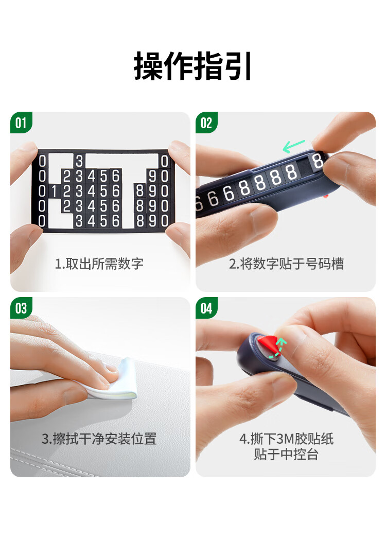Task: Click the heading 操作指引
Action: click(193, 66)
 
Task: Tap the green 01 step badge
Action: click(21, 123)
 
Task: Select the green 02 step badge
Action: click(206, 123)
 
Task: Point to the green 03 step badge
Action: click(21, 308)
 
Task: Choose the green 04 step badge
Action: click(206, 308)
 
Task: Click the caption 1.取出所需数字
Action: click(99, 264)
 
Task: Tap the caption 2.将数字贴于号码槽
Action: click(286, 264)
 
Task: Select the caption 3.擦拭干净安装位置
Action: click(99, 439)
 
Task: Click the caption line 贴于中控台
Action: click(286, 454)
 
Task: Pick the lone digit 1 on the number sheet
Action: click(54, 191)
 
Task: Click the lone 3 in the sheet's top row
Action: click(79, 161)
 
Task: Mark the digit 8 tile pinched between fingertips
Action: click(318, 161)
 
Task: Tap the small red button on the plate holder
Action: click(326, 196)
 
